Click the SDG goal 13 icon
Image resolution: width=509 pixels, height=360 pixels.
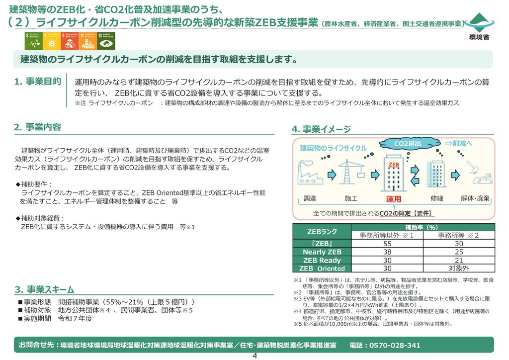click(106, 41)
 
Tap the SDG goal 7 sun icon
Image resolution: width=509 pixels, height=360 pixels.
click(51, 41)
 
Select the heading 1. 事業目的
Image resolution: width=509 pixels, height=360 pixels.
click(38, 82)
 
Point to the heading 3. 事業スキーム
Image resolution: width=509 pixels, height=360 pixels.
click(44, 289)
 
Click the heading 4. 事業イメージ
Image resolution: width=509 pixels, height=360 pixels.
click(321, 129)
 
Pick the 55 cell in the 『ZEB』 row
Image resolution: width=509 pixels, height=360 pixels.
click(387, 244)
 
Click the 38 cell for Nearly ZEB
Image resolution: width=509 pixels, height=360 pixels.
click(387, 252)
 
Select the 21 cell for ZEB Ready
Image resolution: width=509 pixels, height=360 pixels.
click(458, 260)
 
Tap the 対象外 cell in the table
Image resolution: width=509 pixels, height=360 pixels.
click(458, 269)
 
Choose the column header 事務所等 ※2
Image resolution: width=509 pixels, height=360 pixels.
click(458, 235)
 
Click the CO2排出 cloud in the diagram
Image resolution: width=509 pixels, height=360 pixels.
click(409, 144)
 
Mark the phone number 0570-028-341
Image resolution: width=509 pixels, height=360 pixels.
click(395, 345)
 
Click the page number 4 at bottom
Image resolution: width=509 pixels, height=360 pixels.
click(254, 356)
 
